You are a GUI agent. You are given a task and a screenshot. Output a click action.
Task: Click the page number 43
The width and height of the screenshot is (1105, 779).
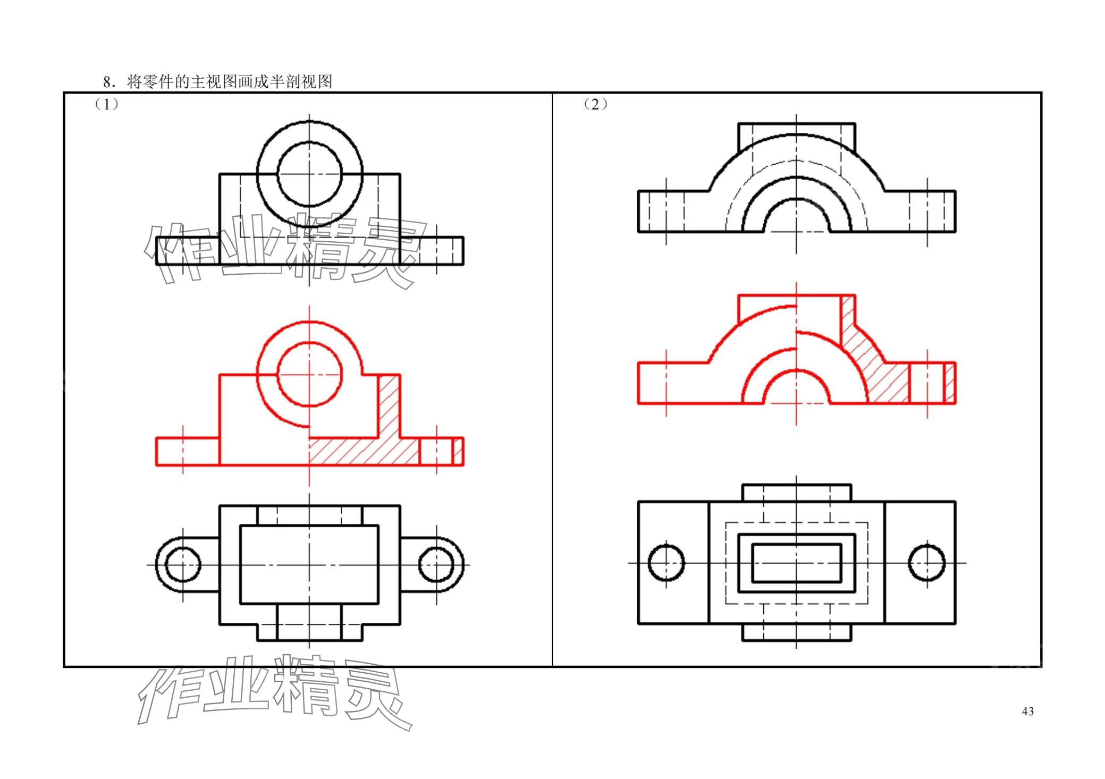pyautogui.click(x=1027, y=712)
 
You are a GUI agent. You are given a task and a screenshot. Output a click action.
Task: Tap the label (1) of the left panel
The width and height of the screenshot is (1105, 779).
pyautogui.click(x=107, y=104)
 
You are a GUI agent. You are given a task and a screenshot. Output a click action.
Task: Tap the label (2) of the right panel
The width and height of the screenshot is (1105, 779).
pyautogui.click(x=595, y=104)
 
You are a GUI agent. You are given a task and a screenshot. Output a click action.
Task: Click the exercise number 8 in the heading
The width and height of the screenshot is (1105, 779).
pyautogui.click(x=107, y=82)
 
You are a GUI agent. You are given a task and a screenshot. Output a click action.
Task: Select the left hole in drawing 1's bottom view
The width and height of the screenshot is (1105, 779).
pyautogui.click(x=183, y=564)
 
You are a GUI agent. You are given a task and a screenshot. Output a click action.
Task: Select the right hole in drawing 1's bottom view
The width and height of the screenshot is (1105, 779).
pyautogui.click(x=436, y=564)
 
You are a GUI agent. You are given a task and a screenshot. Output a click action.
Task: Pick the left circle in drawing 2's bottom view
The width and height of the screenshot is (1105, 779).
pyautogui.click(x=667, y=562)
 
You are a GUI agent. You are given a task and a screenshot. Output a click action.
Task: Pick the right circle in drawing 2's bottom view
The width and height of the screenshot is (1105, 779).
pyautogui.click(x=927, y=562)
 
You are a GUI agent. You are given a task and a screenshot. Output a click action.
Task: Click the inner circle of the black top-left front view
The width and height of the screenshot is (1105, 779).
pyautogui.click(x=309, y=174)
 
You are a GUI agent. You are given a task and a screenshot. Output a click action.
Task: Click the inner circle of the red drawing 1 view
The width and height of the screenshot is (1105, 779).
pyautogui.click(x=309, y=374)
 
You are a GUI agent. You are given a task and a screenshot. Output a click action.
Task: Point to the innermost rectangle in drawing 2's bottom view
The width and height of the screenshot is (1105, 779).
pyautogui.click(x=796, y=563)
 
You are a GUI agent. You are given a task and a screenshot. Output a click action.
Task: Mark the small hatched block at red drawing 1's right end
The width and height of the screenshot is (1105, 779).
pyautogui.click(x=458, y=452)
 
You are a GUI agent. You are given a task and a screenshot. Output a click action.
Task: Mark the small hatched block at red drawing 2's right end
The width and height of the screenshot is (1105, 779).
pyautogui.click(x=949, y=383)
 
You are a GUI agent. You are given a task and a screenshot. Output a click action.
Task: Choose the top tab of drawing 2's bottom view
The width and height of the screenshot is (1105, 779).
pyautogui.click(x=796, y=493)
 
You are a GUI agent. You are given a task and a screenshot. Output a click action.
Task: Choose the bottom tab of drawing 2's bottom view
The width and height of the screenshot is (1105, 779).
pyautogui.click(x=796, y=632)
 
